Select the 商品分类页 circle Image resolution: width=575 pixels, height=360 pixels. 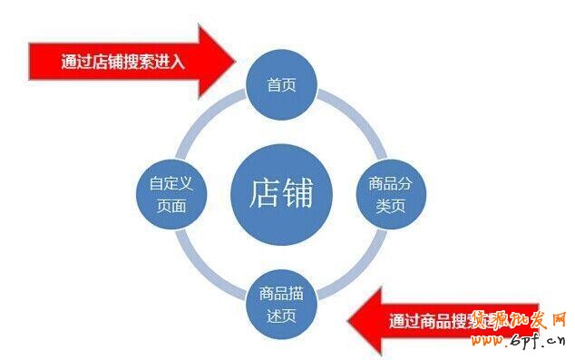pyautogui.click(x=390, y=193)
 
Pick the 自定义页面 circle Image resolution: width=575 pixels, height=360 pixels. pyautogui.click(x=171, y=193)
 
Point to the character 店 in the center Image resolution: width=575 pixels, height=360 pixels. pyautogui.click(x=262, y=193)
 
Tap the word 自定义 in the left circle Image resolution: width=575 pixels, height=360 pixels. pyautogui.click(x=171, y=182)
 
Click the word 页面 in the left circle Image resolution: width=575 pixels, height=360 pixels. pyautogui.click(x=171, y=206)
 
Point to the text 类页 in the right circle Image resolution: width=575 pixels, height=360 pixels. pyautogui.click(x=390, y=205)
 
